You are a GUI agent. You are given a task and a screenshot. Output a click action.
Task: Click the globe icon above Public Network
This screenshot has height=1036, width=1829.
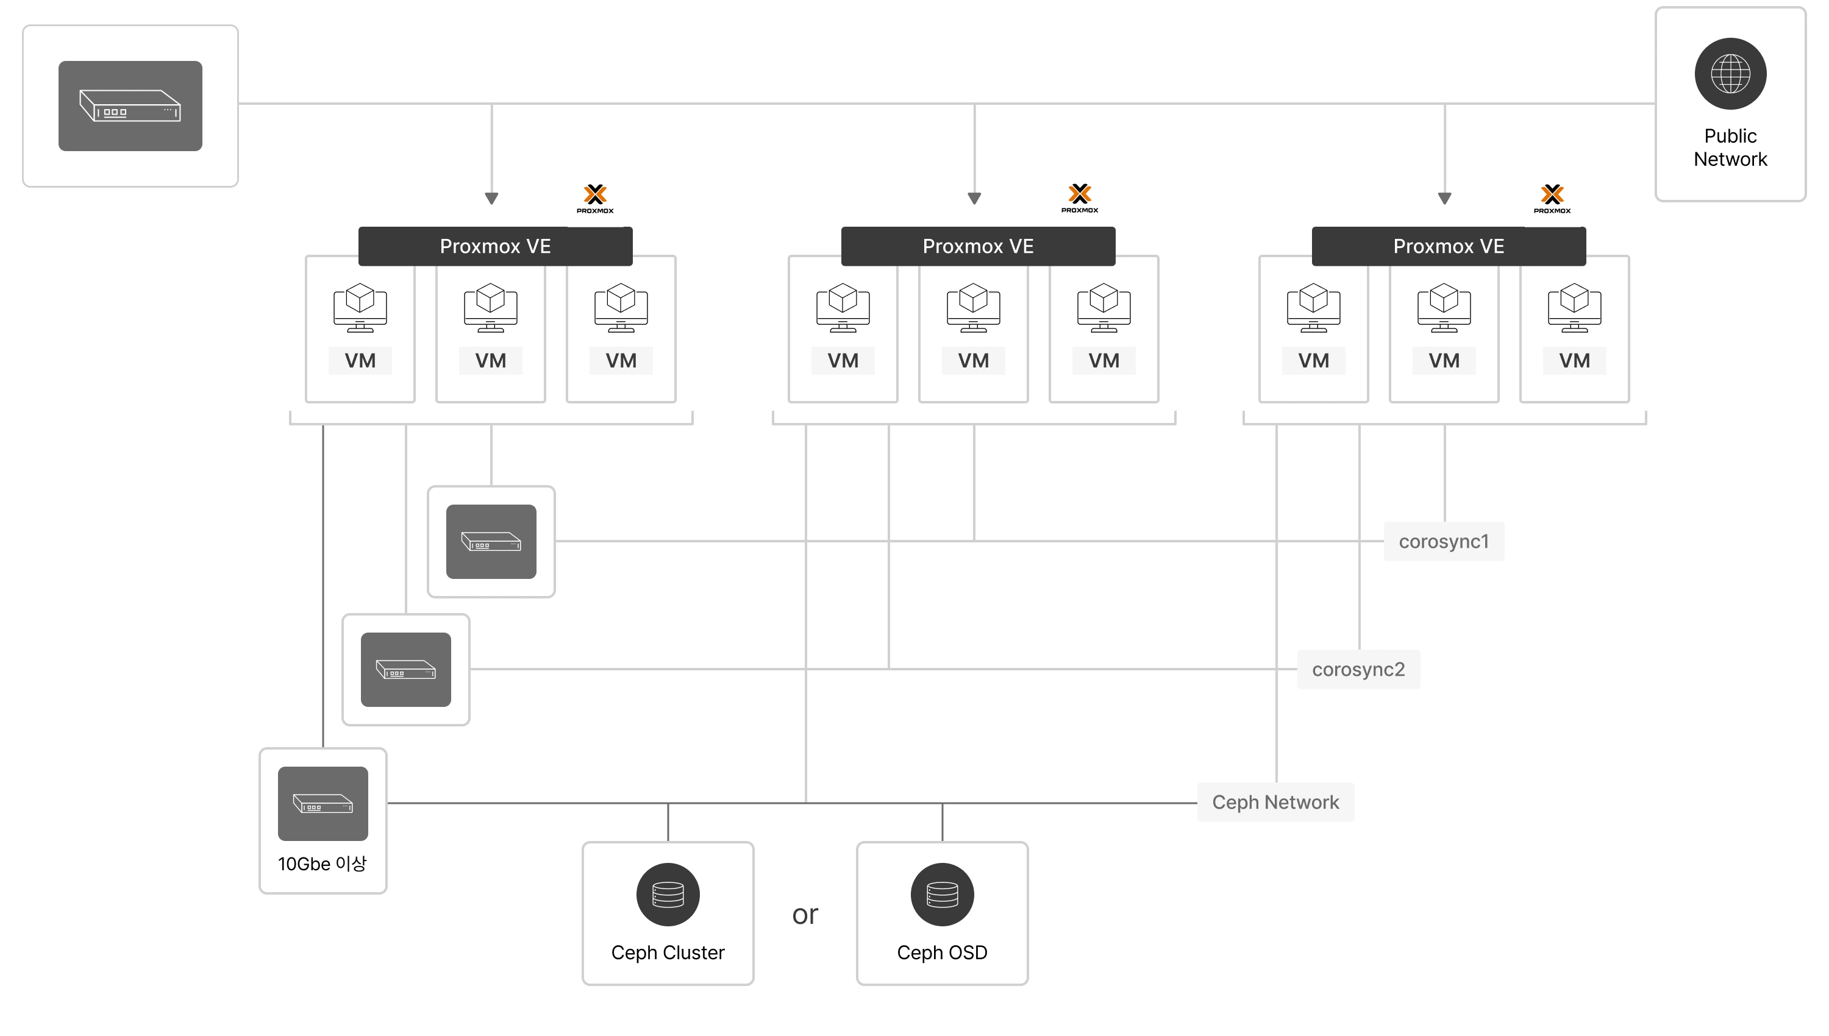tap(1730, 74)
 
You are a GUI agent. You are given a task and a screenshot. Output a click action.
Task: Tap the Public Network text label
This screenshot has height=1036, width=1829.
tap(1730, 147)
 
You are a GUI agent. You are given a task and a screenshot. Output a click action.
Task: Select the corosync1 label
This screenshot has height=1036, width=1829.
tap(1443, 542)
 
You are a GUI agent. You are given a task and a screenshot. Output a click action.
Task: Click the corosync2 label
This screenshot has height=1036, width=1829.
tap(1358, 670)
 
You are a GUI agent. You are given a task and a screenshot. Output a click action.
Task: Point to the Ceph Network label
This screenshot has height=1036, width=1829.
tap(1275, 803)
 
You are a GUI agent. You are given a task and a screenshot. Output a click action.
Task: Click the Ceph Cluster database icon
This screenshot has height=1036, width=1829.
tap(668, 895)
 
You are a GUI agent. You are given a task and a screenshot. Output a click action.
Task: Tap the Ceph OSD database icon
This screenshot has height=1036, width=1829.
tap(943, 895)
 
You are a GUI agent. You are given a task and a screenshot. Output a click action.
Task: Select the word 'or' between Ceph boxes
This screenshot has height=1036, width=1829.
tap(805, 915)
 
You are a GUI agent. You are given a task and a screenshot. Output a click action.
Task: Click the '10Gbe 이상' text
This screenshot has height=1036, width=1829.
tap(323, 864)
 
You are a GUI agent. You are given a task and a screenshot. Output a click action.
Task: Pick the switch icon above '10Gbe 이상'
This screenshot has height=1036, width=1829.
tap(323, 803)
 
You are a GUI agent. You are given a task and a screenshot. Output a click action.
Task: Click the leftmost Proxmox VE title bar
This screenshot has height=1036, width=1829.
tap(495, 246)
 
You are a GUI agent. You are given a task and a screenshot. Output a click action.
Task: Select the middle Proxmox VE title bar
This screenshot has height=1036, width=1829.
tap(978, 246)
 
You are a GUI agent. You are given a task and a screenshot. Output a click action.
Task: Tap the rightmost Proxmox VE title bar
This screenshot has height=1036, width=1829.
tap(1448, 246)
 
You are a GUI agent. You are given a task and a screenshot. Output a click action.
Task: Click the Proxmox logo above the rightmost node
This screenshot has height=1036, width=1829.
tap(1552, 199)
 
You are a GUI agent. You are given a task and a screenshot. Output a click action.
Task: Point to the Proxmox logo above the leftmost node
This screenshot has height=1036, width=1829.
tap(595, 199)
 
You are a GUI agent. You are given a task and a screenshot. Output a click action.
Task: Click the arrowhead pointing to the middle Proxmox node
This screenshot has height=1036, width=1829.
tap(974, 199)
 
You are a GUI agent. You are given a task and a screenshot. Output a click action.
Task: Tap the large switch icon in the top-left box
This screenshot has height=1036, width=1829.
tap(130, 106)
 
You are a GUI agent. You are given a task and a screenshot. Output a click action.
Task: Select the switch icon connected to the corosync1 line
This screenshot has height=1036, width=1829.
tap(491, 542)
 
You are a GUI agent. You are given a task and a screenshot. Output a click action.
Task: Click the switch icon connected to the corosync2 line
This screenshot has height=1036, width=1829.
tap(405, 670)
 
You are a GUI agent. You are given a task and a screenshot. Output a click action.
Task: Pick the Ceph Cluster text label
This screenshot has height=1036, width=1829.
tap(668, 953)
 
